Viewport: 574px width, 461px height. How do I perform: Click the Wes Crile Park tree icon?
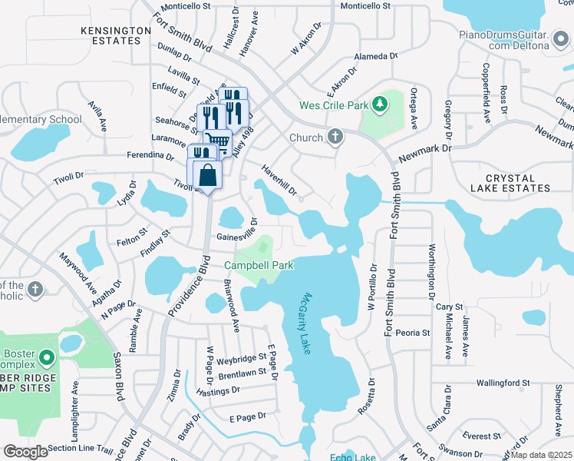(x=378, y=104)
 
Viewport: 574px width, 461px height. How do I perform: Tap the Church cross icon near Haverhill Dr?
(x=335, y=138)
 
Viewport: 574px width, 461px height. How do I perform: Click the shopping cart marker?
(x=220, y=141)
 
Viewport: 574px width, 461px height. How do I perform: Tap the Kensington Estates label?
(x=116, y=35)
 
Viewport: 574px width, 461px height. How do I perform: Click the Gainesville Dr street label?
(x=236, y=237)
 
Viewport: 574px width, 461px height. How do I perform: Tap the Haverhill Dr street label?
(x=278, y=179)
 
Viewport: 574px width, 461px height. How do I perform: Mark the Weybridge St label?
(x=241, y=359)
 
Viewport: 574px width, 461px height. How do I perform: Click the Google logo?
(x=25, y=451)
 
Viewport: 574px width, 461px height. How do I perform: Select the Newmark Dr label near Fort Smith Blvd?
(x=426, y=151)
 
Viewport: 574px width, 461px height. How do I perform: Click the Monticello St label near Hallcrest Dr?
(x=186, y=5)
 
